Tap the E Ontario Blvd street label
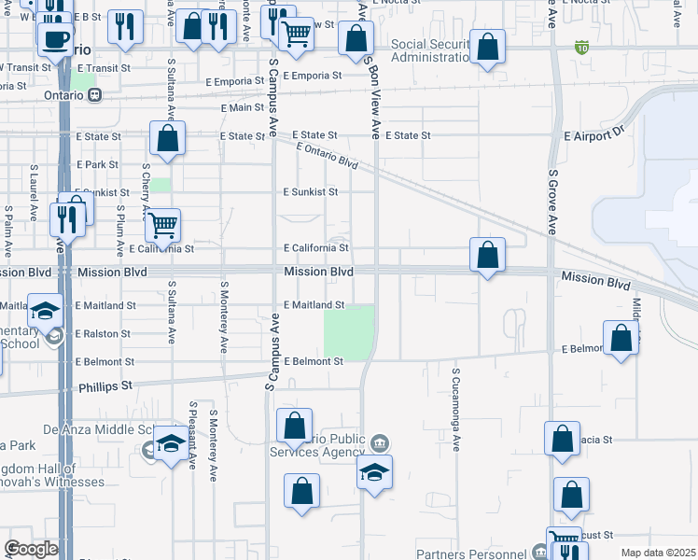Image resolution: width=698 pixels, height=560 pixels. point(327,155)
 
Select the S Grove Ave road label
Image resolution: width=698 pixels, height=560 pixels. point(552,200)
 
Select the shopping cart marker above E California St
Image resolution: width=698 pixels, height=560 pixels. point(163,225)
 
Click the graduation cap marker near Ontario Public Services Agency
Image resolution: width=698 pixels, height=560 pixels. point(374,472)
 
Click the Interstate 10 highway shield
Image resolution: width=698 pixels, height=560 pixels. point(582,47)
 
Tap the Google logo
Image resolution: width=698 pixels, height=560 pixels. point(31,549)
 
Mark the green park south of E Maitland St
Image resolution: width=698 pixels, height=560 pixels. point(349,331)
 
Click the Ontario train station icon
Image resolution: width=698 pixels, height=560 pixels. point(94,95)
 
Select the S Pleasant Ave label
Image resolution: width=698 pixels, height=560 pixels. point(191,436)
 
